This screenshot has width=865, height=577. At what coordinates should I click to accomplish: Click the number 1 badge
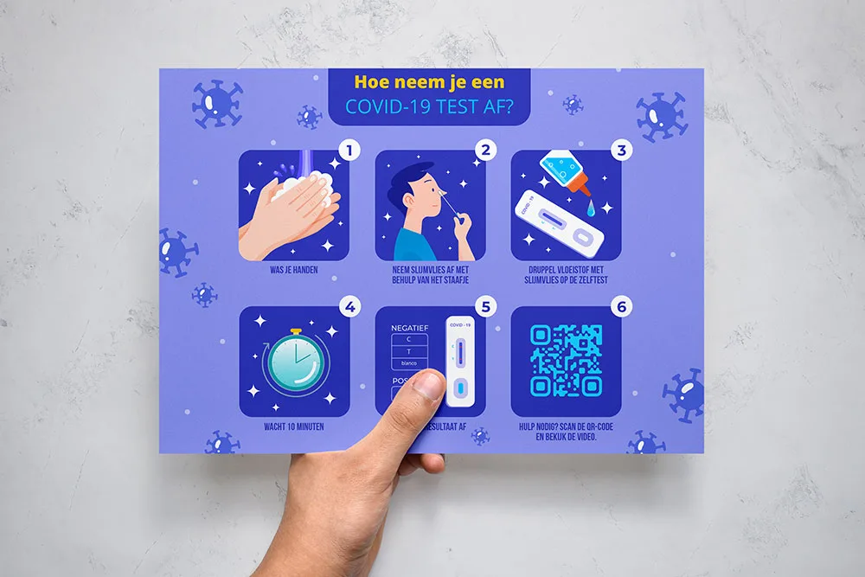[x=349, y=151]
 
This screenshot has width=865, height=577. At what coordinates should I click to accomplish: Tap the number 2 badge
[x=485, y=151]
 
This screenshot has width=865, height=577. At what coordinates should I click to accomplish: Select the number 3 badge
[x=620, y=151]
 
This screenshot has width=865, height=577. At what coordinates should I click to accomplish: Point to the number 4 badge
[x=349, y=306]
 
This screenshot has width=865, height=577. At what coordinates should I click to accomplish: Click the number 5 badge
[x=485, y=306]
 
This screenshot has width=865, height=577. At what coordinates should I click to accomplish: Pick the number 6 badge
[x=620, y=306]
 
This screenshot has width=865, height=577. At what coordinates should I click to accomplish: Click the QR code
[x=566, y=360]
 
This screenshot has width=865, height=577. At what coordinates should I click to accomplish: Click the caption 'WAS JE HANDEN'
[x=293, y=269]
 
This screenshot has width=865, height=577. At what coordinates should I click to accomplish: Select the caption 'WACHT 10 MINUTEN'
[x=294, y=426]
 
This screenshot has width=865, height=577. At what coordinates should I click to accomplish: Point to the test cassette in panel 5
[x=460, y=359]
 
